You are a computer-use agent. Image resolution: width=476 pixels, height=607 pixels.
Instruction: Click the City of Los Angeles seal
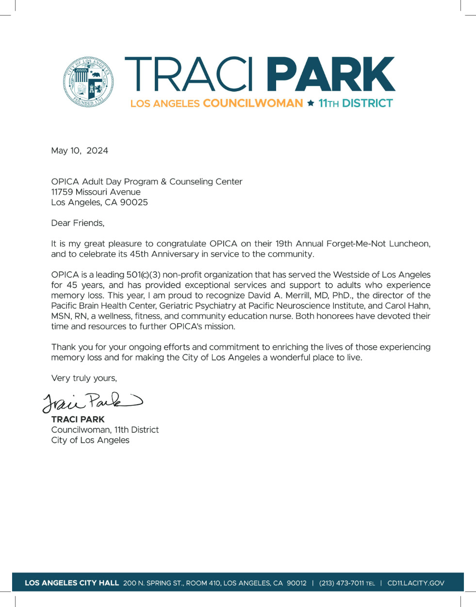pos(88,82)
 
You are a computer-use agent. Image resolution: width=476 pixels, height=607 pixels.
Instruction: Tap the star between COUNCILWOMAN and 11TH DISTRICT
pos(311,103)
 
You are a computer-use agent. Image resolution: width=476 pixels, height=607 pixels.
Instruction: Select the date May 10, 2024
pos(80,150)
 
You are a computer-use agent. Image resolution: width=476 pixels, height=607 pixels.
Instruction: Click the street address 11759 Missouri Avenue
pos(96,192)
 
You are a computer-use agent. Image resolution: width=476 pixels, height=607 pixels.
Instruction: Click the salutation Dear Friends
pos(78,223)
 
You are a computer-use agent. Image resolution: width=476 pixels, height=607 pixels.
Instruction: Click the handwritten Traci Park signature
pos(92,402)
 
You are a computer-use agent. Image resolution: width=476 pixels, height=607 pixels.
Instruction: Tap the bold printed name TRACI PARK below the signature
pos(78,419)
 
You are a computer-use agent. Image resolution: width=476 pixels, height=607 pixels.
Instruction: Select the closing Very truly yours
pos(84,378)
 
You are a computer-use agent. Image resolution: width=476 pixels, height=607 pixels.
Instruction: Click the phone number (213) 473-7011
pos(341,583)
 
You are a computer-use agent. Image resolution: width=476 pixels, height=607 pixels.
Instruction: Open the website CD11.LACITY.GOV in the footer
pos(415,583)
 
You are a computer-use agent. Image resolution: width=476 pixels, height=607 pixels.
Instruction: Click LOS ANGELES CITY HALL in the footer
pos(72,583)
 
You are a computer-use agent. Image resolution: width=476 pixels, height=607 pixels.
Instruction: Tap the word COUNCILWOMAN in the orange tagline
pos(253,103)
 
